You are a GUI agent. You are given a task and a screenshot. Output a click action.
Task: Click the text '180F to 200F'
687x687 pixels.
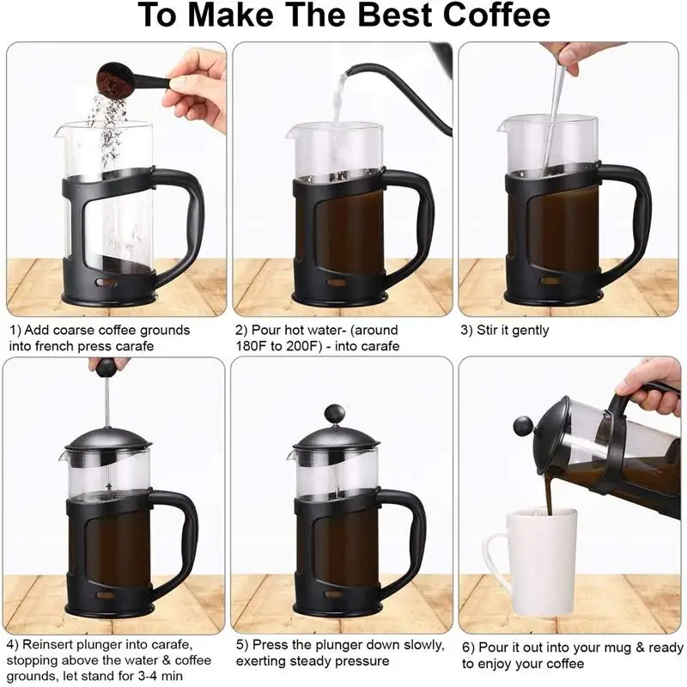pyautogui.click(x=274, y=346)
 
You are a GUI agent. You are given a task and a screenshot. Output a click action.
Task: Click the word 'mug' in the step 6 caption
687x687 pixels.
pyautogui.click(x=602, y=647)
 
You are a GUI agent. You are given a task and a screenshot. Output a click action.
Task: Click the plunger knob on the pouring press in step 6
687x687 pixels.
pyautogui.click(x=523, y=425)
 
